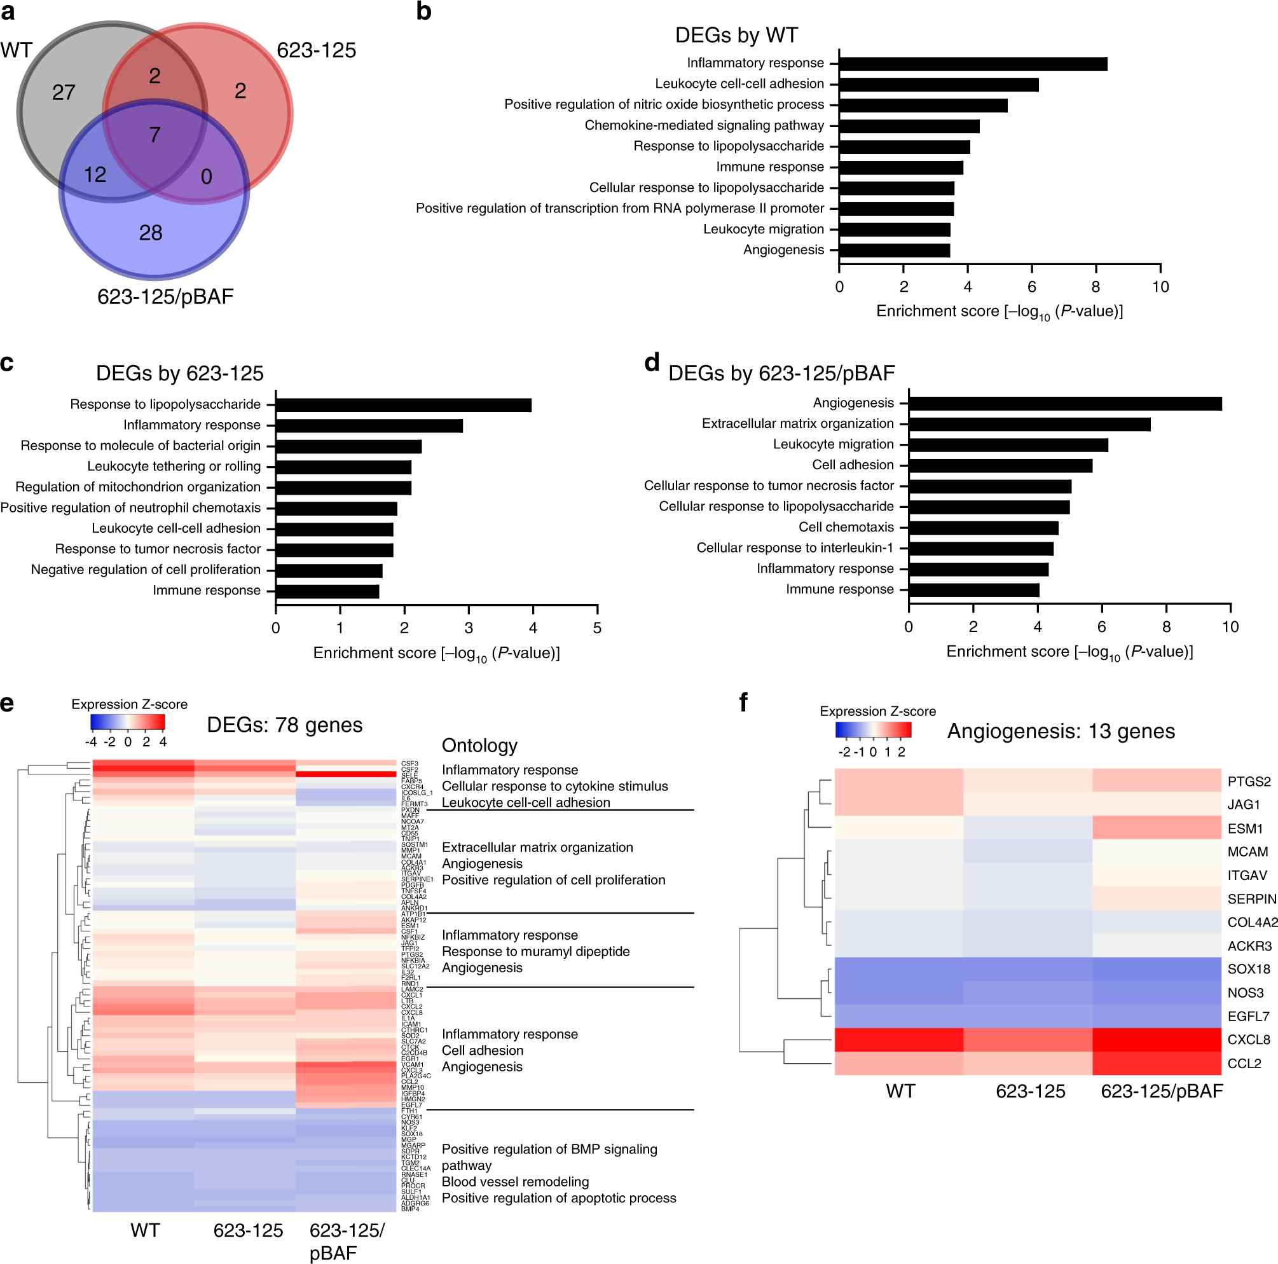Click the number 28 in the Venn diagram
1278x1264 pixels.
[151, 233]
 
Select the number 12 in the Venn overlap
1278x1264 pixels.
[95, 175]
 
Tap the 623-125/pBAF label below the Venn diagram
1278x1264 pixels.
[165, 297]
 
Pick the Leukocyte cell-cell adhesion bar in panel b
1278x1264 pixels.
[938, 85]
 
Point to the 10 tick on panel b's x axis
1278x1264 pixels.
[1160, 287]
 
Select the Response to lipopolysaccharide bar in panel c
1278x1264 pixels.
[404, 405]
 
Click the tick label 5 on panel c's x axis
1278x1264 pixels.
[597, 628]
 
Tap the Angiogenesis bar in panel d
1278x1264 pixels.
[1065, 404]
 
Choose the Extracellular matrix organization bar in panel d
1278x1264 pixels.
[1029, 424]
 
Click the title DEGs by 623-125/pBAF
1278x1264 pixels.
[781, 373]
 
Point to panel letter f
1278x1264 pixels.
[743, 702]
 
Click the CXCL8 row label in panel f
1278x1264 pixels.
[1248, 1040]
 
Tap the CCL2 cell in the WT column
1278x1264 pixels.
[899, 1063]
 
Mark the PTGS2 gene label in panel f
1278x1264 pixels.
[1249, 781]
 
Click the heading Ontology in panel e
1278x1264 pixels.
[479, 745]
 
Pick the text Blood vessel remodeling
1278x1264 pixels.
[515, 1181]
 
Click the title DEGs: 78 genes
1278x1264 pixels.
[284, 725]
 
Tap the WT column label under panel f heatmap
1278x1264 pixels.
[900, 1091]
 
